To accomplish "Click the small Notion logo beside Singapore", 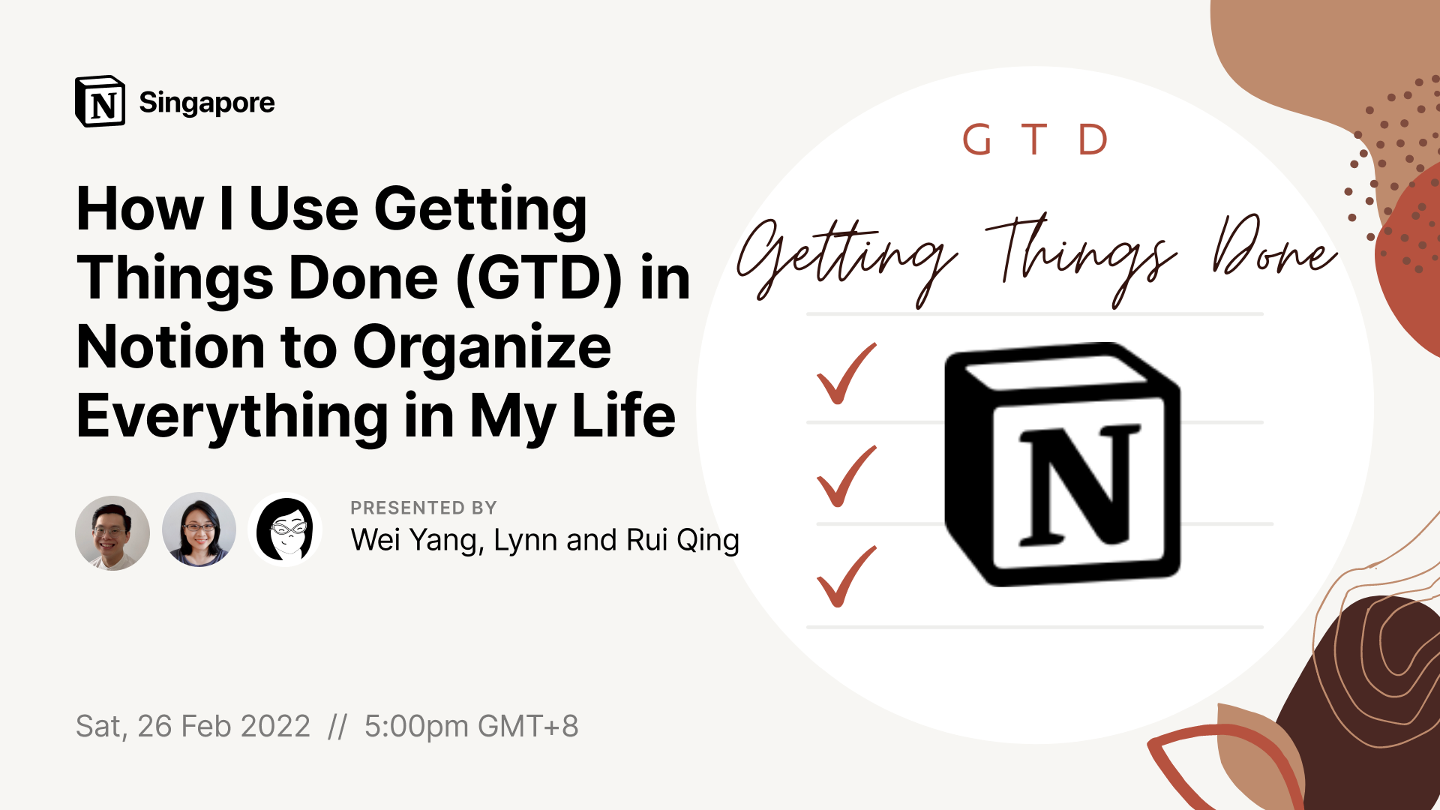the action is (100, 101).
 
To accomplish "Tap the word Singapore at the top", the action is (207, 103).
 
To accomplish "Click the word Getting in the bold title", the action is (481, 211).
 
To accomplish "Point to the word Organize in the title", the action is (481, 349).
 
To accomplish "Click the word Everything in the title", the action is (232, 418).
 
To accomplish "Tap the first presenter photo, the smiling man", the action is (112, 532).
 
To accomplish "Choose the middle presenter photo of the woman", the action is (199, 529).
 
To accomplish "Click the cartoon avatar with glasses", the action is (286, 529).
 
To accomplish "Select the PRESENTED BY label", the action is (424, 508).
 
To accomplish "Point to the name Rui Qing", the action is (682, 541).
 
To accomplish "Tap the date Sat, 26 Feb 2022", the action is (193, 726).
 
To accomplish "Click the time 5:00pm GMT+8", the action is (471, 726).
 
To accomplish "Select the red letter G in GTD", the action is (976, 139).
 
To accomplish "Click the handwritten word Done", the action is (1274, 247).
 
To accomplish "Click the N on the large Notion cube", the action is (1078, 485).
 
